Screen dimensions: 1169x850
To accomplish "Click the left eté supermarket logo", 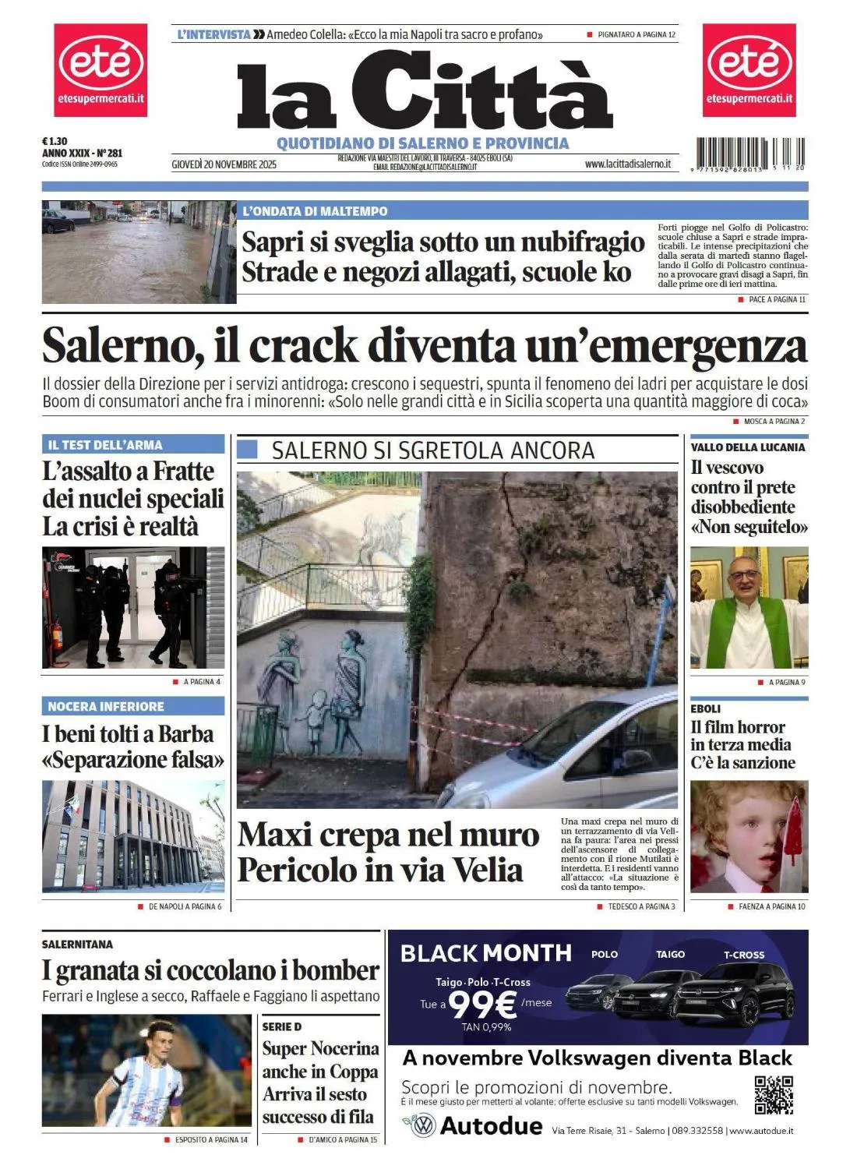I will tap(100, 70).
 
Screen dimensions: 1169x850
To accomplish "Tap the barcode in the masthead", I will tap(751, 154).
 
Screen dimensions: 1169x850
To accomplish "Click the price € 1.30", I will tap(55, 142).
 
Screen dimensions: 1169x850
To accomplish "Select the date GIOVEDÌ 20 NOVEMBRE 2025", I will tap(224, 164).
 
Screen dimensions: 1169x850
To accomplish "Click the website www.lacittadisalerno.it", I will tap(627, 164).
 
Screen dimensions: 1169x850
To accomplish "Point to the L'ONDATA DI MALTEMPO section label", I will tap(315, 211).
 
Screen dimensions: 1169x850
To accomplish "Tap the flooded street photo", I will tap(139, 252).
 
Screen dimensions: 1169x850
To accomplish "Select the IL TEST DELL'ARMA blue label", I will tap(105, 445).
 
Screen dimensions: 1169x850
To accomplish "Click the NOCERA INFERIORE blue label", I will tap(106, 707).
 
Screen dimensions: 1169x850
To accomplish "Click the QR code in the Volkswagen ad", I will tap(773, 1094).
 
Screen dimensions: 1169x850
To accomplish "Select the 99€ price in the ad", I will tap(483, 1005).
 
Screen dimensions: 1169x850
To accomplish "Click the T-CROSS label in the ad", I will tap(744, 955).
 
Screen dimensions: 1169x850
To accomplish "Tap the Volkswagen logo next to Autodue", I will tap(422, 1126).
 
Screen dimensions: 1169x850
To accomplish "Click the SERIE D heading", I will tap(281, 1026).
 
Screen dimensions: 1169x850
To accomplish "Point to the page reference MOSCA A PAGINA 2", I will tap(774, 422).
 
